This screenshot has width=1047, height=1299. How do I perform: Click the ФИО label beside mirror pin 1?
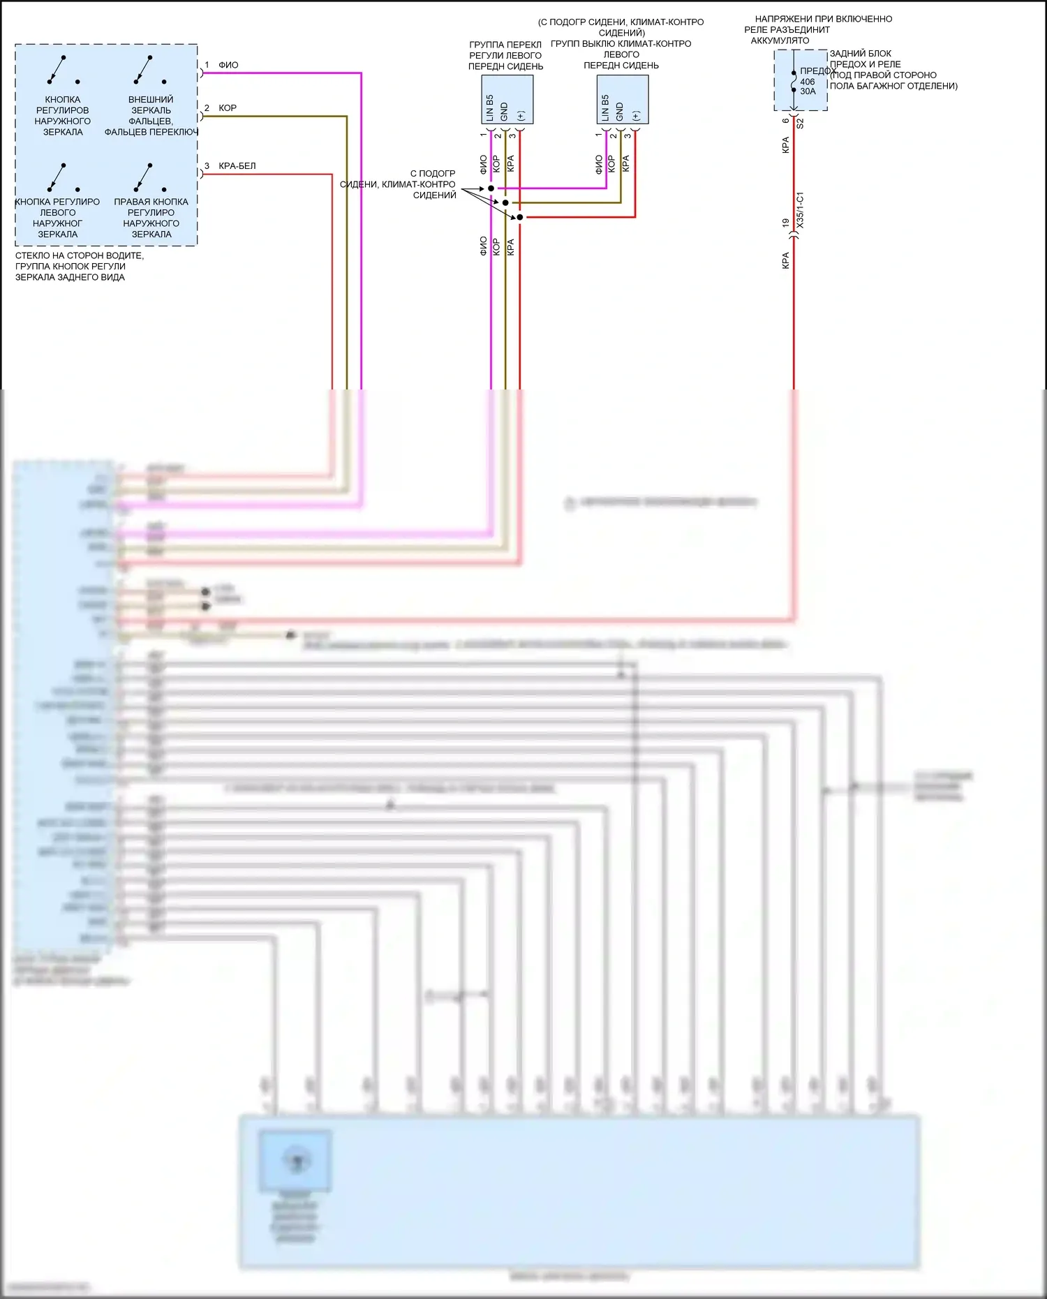click(x=228, y=65)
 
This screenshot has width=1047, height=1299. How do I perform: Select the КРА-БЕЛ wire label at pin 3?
click(x=237, y=166)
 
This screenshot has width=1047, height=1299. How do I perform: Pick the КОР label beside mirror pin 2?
click(x=228, y=108)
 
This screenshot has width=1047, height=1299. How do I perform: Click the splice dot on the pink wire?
click(x=491, y=188)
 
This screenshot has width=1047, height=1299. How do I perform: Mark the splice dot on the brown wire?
click(x=505, y=203)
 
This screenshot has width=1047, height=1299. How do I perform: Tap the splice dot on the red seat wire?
click(x=520, y=217)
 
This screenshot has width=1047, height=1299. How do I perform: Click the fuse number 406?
click(x=807, y=82)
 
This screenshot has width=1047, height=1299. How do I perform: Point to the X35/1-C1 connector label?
click(x=800, y=209)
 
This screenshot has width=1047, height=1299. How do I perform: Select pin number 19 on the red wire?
click(x=786, y=223)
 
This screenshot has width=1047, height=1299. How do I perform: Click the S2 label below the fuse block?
click(x=800, y=124)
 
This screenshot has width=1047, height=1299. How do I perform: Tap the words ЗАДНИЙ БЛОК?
click(x=860, y=54)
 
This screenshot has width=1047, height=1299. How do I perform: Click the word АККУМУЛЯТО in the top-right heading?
click(x=780, y=40)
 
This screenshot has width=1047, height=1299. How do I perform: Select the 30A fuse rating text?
click(x=808, y=91)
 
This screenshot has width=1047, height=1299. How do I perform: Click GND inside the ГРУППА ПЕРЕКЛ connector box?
click(x=505, y=111)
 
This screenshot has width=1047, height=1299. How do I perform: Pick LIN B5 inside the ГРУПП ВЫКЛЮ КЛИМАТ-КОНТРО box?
click(x=605, y=107)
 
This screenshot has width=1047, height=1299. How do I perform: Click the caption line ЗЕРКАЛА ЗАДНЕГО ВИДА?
click(x=70, y=277)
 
